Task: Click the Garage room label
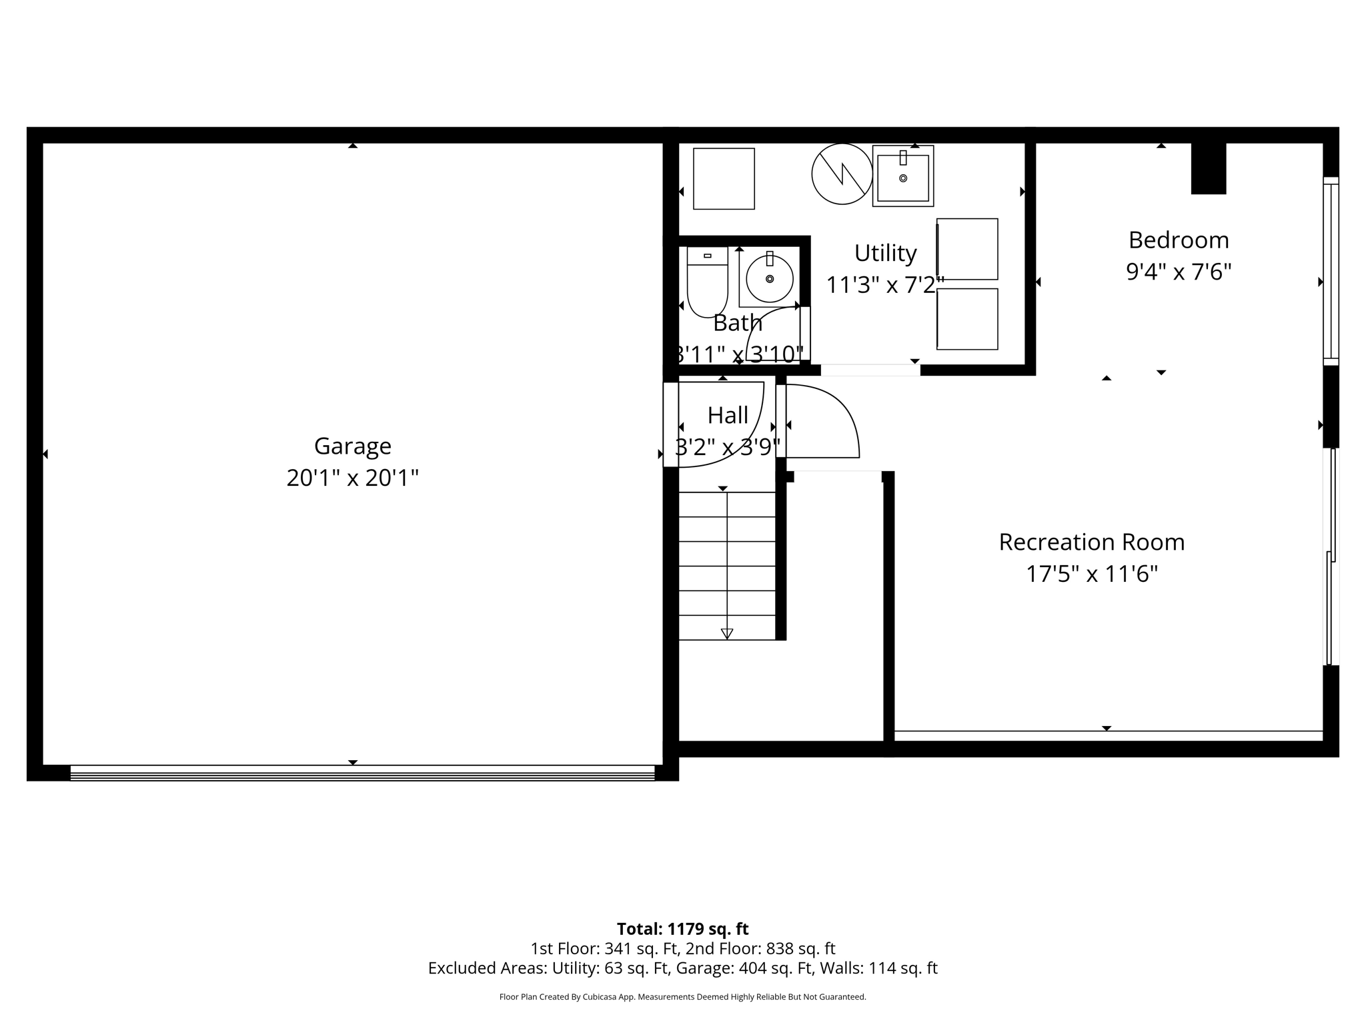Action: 352,446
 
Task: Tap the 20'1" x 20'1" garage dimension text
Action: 352,478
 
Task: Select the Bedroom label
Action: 1178,240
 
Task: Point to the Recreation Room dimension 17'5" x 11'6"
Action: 1091,574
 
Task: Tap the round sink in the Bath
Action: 769,279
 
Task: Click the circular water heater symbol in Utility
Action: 842,174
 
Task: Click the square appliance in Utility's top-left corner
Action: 724,179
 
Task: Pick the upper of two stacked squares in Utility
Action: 967,249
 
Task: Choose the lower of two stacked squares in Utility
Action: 967,319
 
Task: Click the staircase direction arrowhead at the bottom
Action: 727,633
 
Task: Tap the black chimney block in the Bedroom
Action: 1208,169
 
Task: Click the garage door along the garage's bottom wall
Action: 362,773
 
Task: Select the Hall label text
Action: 727,415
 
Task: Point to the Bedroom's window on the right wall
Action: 1330,270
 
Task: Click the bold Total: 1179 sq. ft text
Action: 682,929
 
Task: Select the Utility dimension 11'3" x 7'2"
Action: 884,285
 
